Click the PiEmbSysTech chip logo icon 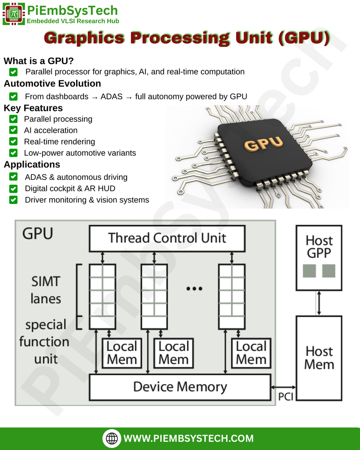[x=14, y=14]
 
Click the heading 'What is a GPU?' [x=39, y=61]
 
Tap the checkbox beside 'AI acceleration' [x=14, y=131]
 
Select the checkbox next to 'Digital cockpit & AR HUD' [x=14, y=189]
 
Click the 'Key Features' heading [x=33, y=108]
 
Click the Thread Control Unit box [x=167, y=238]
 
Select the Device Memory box [x=180, y=387]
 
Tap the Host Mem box [x=319, y=358]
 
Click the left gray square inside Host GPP [x=309, y=271]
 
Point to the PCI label [x=286, y=397]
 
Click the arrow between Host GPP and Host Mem [x=319, y=303]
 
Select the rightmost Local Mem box [x=251, y=353]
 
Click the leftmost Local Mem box [x=122, y=353]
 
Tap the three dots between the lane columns [x=194, y=289]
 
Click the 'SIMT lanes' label [x=46, y=290]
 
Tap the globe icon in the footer [x=112, y=438]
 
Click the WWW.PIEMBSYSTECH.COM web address [x=189, y=438]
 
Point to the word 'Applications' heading [x=32, y=164]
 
